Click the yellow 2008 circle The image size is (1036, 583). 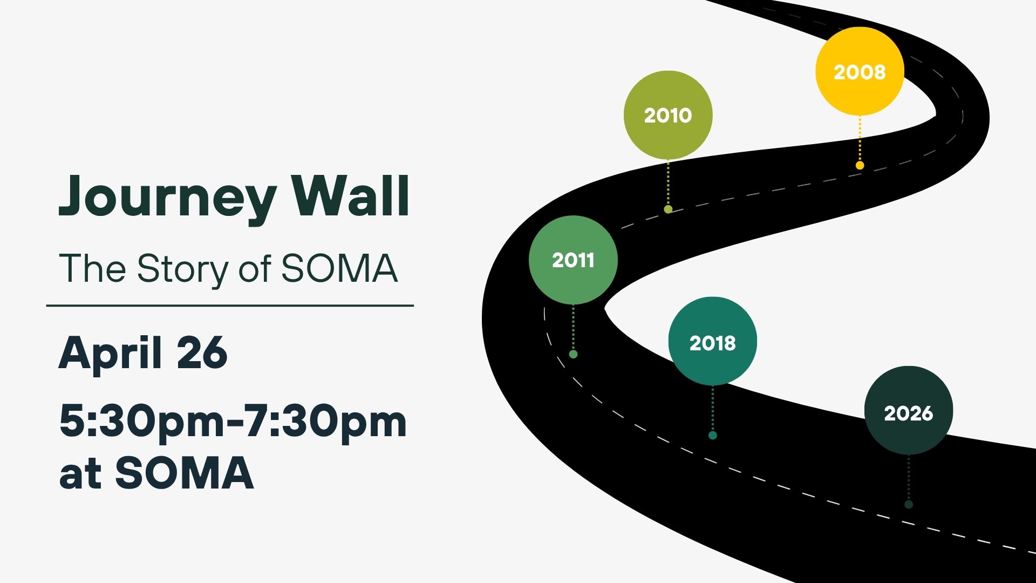click(860, 71)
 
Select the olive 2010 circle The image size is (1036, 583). click(668, 115)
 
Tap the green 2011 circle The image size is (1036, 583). click(573, 260)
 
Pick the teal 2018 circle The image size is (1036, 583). click(712, 341)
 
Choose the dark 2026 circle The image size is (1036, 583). click(909, 411)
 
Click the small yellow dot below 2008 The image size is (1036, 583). click(860, 165)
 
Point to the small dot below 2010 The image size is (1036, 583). click(668, 209)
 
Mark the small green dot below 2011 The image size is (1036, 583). click(573, 354)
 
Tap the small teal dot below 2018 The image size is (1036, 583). click(712, 435)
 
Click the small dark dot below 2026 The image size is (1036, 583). click(909, 504)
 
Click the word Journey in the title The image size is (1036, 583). click(167, 197)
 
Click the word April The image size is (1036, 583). click(110, 353)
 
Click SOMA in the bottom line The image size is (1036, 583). click(185, 473)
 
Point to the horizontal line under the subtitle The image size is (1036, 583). click(230, 306)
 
